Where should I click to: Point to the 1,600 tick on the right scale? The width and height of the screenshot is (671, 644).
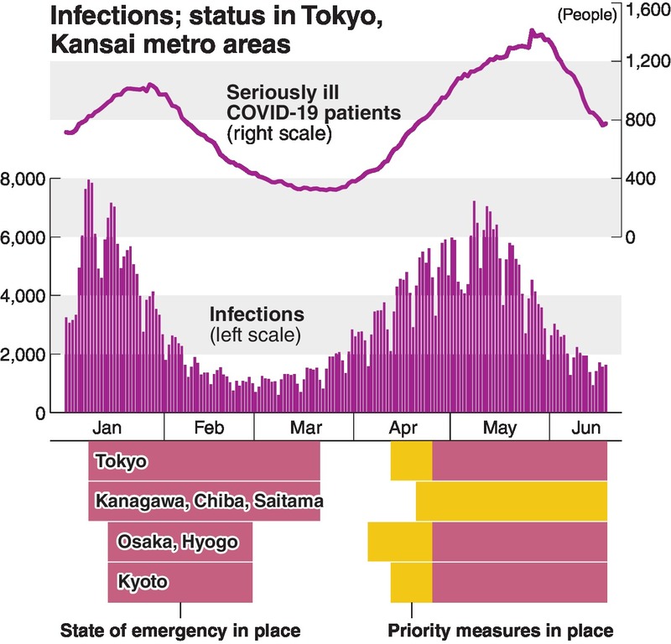click(x=647, y=12)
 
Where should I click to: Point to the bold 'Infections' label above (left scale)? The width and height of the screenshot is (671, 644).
click(x=256, y=316)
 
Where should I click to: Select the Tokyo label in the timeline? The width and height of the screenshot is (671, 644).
click(x=122, y=461)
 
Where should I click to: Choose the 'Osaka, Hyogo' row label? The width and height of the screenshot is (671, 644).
click(x=173, y=542)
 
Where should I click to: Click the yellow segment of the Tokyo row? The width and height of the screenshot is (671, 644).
click(x=411, y=461)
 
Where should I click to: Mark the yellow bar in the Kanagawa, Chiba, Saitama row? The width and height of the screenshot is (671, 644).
click(x=511, y=501)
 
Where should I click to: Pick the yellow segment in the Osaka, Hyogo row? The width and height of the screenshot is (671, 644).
click(x=400, y=542)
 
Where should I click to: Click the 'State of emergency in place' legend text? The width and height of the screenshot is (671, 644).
click(x=181, y=631)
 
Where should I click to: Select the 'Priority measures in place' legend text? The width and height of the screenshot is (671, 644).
click(x=501, y=631)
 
